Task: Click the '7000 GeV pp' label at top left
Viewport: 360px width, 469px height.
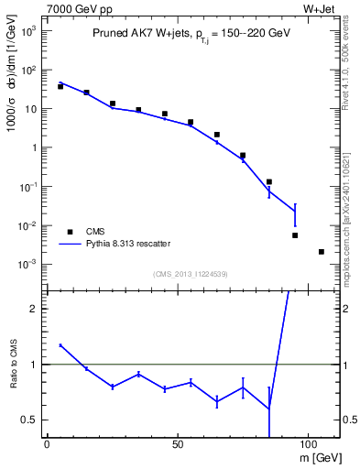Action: (73, 8)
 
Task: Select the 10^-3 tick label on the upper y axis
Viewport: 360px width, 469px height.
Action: (27, 265)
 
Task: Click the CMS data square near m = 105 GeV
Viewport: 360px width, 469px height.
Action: (322, 252)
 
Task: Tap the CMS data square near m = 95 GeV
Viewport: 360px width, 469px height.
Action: (295, 235)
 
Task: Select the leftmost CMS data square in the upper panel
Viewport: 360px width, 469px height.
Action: (60, 86)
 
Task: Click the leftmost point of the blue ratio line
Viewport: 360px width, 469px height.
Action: (60, 345)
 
